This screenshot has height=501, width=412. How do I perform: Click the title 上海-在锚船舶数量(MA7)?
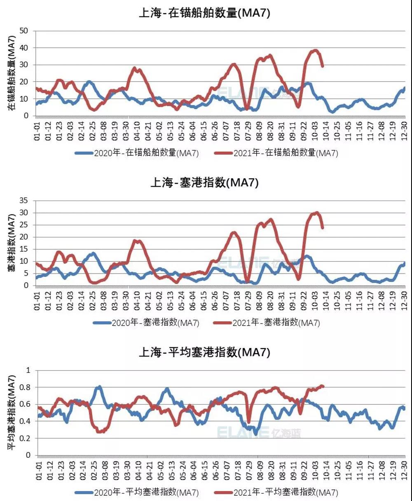tap(204, 13)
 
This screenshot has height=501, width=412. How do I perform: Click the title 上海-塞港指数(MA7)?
tap(204, 183)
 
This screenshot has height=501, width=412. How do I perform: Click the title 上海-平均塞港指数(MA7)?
tap(204, 352)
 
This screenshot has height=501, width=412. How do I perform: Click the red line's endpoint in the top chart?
tap(322, 66)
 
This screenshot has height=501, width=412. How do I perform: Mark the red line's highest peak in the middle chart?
tap(316, 213)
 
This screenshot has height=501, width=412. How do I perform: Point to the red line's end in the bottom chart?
tap(323, 386)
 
